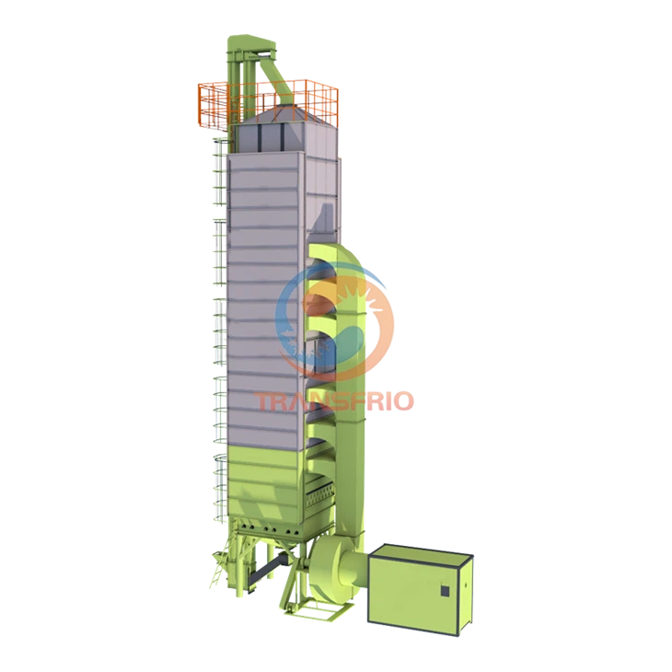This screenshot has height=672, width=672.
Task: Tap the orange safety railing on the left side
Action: coord(217,106)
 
